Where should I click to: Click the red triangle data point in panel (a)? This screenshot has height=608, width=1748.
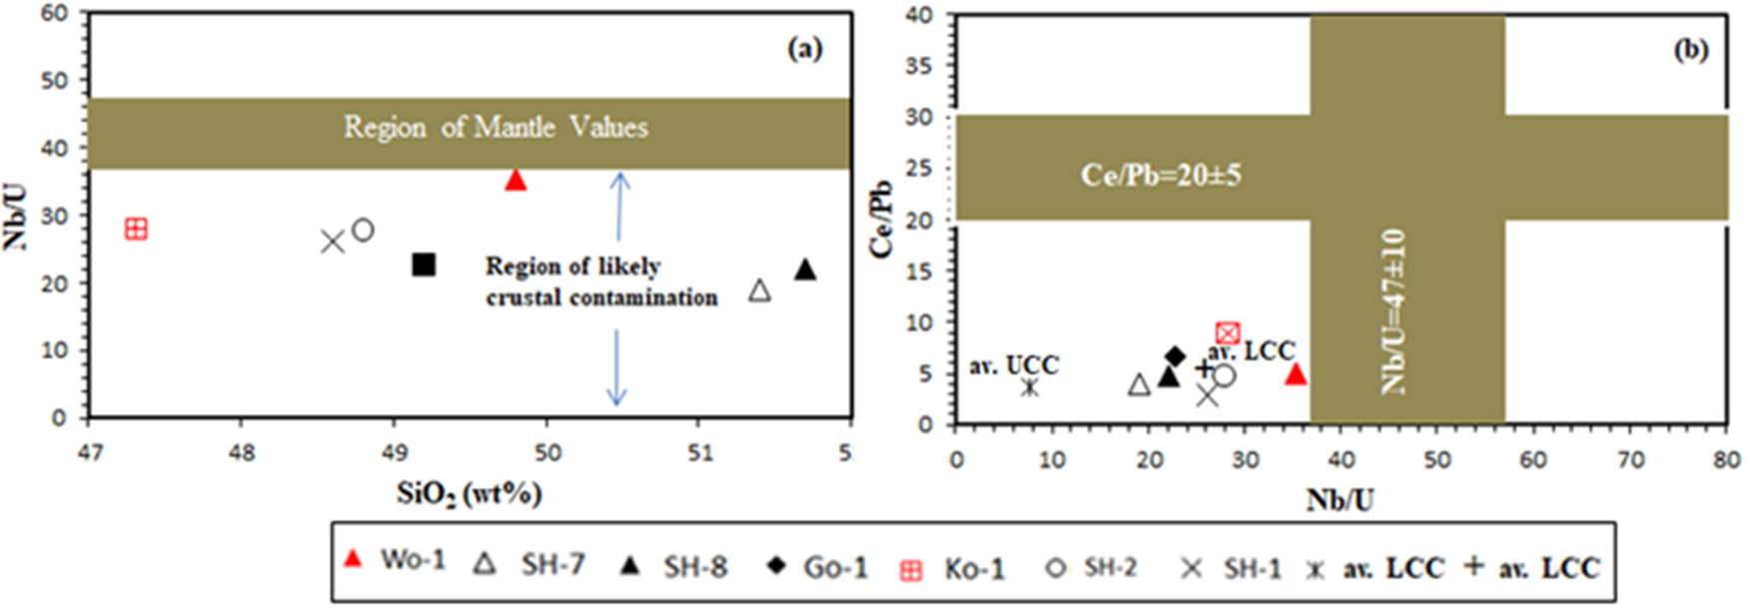point(515,180)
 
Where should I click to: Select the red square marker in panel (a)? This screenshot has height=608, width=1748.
point(136,229)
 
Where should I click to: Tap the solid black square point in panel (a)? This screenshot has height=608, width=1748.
point(425,265)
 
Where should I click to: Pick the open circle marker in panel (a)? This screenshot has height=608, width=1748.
point(363,230)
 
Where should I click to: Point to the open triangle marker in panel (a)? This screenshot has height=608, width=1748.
point(760,291)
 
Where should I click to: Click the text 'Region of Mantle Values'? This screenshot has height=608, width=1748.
point(495,127)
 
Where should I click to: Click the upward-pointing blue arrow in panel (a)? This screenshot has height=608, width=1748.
point(619,205)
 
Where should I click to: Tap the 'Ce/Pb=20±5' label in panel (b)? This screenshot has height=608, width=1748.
point(1161,175)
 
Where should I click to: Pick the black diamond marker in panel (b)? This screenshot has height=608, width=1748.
point(1176,356)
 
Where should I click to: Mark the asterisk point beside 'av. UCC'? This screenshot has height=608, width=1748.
point(1030,386)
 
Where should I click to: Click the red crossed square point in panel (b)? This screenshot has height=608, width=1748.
point(1228,333)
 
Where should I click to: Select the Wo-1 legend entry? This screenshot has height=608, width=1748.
point(395,560)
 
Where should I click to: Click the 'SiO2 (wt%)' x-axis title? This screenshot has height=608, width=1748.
point(469,493)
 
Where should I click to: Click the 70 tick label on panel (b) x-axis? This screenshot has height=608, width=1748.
point(1630,459)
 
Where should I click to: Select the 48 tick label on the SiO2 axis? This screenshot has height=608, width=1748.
point(242,452)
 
